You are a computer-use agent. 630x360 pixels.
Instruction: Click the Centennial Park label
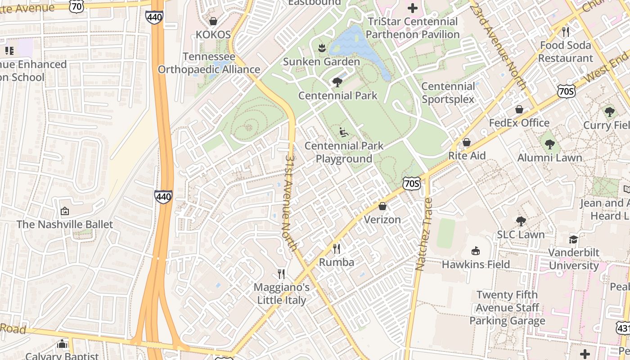pos(338,95)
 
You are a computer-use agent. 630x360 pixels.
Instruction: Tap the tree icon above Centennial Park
pos(337,82)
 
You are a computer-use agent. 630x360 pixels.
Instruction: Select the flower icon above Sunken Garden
pos(321,47)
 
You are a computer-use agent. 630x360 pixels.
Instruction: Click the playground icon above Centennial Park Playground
pos(344,132)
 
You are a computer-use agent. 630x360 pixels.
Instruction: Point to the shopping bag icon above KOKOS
pos(213,21)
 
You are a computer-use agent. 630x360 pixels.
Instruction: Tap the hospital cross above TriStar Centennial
pos(413,8)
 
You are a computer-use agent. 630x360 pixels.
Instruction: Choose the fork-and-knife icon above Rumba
pos(337,248)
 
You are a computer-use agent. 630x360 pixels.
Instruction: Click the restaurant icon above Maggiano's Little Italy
pos(282,274)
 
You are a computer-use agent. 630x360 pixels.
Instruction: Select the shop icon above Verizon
pos(382,206)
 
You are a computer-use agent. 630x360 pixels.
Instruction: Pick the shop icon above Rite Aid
pos(467,142)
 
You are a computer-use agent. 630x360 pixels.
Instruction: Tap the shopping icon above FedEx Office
pos(519,109)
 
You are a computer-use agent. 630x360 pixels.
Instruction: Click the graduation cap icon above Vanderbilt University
pos(573,239)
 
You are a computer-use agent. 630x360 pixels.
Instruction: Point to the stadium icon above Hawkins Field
pos(476,251)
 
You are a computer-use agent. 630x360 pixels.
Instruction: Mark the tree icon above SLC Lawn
pos(521,221)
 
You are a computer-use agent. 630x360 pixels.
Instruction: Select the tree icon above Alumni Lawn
pos(549,144)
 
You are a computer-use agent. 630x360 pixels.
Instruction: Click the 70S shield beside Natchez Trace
pos(412,183)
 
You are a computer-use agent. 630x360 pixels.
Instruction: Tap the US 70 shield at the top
pos(76,5)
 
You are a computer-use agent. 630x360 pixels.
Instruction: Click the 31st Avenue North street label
pos(291,203)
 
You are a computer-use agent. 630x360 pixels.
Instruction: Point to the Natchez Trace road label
pos(423,234)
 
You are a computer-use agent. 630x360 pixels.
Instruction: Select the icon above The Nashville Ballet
pos(65,211)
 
